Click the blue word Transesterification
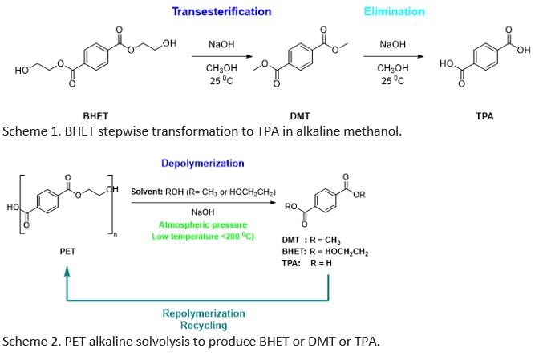click(x=221, y=11)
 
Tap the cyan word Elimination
click(x=395, y=11)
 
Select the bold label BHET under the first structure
click(x=95, y=116)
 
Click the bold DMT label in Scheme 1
click(x=300, y=116)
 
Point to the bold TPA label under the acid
click(x=484, y=116)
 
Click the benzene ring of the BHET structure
click(x=96, y=55)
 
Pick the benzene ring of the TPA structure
click(x=485, y=56)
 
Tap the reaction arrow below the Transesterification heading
click(x=222, y=56)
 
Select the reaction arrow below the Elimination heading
click(x=393, y=56)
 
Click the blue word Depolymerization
click(x=203, y=164)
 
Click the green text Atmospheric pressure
click(x=203, y=225)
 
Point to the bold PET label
click(x=67, y=251)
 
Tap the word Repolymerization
click(x=204, y=313)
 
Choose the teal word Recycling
click(x=204, y=325)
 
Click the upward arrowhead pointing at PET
click(x=67, y=271)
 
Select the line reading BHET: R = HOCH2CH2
click(x=325, y=252)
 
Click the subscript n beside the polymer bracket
click(x=115, y=235)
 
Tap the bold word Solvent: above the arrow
click(x=147, y=192)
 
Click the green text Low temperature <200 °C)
click(x=203, y=237)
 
